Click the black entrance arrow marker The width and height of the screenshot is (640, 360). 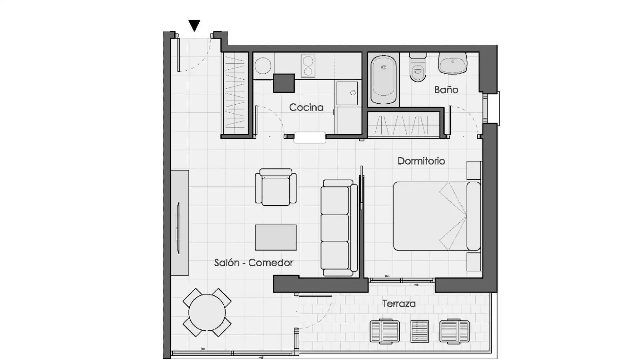[x=194, y=25]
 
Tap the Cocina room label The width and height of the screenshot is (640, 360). [x=306, y=107]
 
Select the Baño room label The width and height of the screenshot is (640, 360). [x=446, y=89]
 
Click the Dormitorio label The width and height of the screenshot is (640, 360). [x=421, y=161]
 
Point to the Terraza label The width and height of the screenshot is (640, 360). [x=399, y=304]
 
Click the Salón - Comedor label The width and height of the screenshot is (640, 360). [x=254, y=263]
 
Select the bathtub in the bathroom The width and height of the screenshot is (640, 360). [x=384, y=80]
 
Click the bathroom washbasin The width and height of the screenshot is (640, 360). [x=453, y=63]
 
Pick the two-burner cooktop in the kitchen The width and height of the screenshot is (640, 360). [x=308, y=65]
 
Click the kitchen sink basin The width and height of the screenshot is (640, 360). [x=347, y=93]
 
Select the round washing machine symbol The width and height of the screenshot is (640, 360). [x=263, y=66]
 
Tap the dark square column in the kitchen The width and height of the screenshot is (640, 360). [x=284, y=83]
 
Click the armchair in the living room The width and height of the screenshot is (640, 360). [x=276, y=187]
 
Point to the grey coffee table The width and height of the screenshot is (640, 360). [x=276, y=237]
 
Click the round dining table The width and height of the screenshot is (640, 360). [x=207, y=313]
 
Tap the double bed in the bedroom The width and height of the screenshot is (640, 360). [x=437, y=216]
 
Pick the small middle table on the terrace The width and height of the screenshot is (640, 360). [x=420, y=331]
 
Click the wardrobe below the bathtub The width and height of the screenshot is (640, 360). [x=404, y=124]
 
